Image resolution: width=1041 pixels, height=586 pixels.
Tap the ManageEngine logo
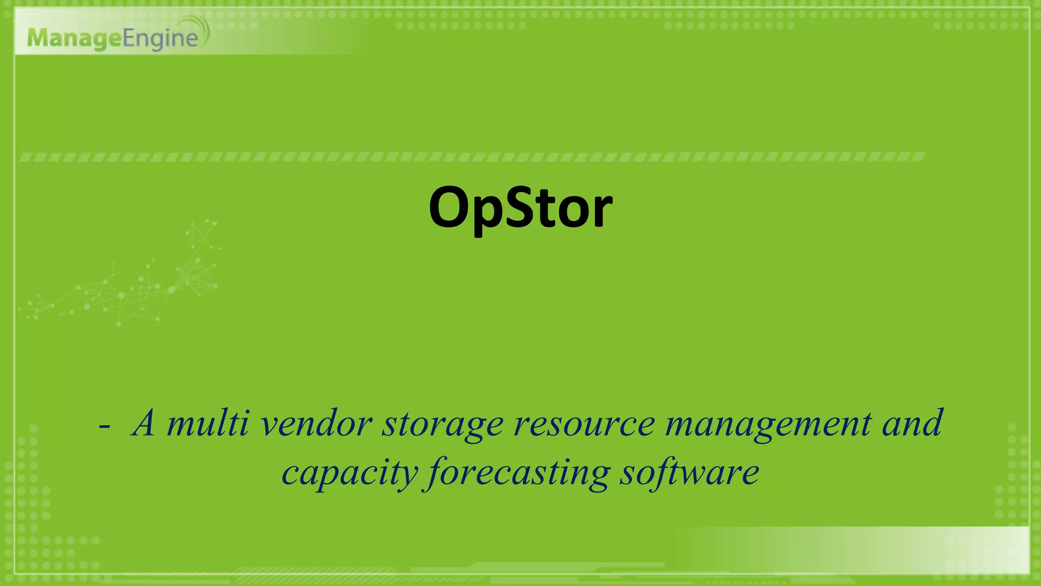click(x=117, y=37)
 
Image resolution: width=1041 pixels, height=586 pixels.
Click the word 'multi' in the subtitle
click(x=208, y=423)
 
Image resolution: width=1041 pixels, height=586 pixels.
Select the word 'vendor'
click(x=316, y=423)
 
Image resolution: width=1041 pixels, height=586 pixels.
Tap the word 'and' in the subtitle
click(x=913, y=423)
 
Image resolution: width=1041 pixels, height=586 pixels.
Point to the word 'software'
click(x=689, y=472)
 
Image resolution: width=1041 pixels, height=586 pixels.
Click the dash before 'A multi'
click(x=105, y=426)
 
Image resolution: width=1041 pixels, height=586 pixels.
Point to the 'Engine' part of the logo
click(x=160, y=39)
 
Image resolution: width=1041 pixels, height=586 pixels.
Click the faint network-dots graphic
click(x=127, y=285)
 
